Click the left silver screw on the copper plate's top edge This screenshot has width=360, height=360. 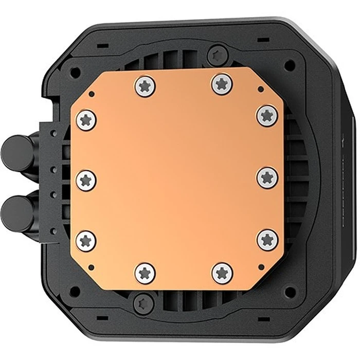pyautogui.click(x=145, y=85)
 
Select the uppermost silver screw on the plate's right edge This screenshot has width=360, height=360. pyautogui.click(x=267, y=115)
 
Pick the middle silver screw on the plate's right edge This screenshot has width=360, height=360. pyautogui.click(x=267, y=178)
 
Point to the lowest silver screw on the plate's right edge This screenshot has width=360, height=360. pyautogui.click(x=267, y=240)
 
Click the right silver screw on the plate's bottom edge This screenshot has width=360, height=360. pyautogui.click(x=222, y=273)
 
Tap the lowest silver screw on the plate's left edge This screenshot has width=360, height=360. pyautogui.click(x=86, y=240)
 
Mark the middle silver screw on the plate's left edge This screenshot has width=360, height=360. pyautogui.click(x=86, y=180)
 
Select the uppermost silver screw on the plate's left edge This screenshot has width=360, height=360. pyautogui.click(x=86, y=120)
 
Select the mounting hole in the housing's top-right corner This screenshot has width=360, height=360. pyautogui.click(x=290, y=65)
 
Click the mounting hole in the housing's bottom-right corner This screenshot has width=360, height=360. pyautogui.click(x=289, y=291)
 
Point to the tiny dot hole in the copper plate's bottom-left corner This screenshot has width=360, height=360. pyautogui.click(x=91, y=266)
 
